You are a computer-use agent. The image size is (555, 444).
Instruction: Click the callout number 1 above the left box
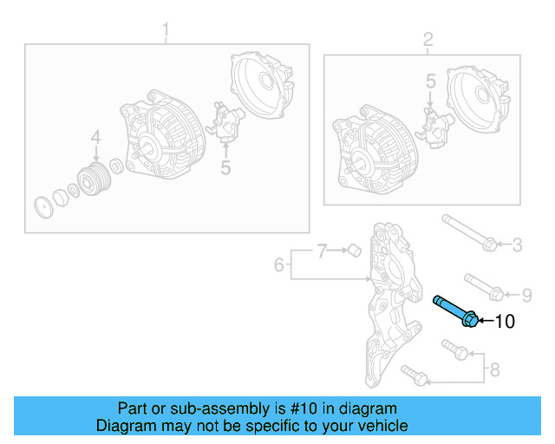point(166,33)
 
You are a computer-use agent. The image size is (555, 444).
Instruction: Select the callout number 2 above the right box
point(427,40)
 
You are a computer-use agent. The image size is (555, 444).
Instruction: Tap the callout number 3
point(516,245)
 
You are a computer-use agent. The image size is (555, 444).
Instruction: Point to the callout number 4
point(95,137)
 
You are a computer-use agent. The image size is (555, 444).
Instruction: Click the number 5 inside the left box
point(225,166)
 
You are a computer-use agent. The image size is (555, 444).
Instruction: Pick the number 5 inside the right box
point(430,82)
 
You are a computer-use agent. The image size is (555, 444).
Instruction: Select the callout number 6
point(279,264)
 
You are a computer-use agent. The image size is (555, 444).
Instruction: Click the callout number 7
point(321,251)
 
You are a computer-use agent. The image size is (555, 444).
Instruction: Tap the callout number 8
point(494,370)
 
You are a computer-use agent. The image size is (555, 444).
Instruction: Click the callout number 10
point(504,322)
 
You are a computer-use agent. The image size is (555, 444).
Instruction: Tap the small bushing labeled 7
point(353,251)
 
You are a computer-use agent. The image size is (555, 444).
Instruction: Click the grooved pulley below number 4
point(92,179)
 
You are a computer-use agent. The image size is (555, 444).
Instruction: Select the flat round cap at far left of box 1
point(39,208)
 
